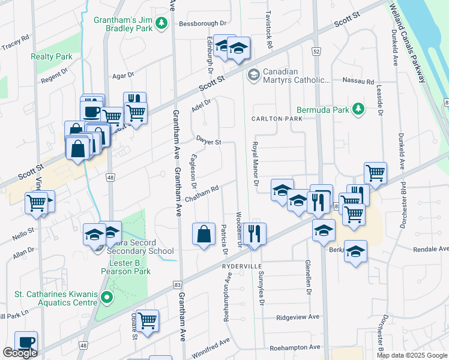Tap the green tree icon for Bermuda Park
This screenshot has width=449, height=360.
358,109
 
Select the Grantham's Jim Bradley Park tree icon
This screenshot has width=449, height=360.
161,23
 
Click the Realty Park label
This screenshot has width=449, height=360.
52,56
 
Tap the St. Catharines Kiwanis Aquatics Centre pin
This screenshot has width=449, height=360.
107,297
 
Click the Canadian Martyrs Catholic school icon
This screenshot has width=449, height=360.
253,74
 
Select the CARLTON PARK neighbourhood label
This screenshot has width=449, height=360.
276,119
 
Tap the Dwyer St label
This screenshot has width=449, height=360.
209,141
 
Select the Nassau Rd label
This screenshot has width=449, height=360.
358,81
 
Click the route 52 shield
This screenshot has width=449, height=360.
316,52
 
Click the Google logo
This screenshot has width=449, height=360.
20,353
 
